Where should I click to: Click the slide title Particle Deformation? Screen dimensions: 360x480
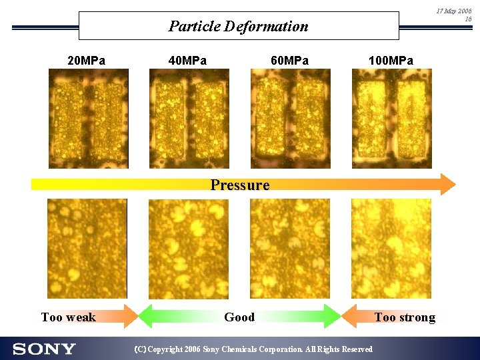coord(238,27)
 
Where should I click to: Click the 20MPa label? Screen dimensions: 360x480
coord(86,61)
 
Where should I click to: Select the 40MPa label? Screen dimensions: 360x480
coord(187,61)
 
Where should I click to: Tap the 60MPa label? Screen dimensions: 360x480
coord(289,61)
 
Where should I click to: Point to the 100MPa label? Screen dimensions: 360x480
coord(391,61)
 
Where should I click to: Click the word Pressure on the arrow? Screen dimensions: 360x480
coord(239,185)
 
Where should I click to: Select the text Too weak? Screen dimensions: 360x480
coord(68,317)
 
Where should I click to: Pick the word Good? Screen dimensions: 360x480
coord(239,317)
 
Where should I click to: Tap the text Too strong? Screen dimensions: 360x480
coord(405,317)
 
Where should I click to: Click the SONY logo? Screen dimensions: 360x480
coord(44,349)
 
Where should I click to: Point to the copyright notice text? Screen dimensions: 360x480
coord(253,349)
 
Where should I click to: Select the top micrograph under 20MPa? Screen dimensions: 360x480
coord(88,119)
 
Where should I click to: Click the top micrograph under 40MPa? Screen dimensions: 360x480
coord(189,119)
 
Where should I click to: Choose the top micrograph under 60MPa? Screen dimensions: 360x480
coord(290,119)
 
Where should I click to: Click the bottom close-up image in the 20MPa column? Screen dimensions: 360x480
coord(87,248)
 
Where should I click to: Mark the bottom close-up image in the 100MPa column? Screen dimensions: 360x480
coord(391,248)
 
